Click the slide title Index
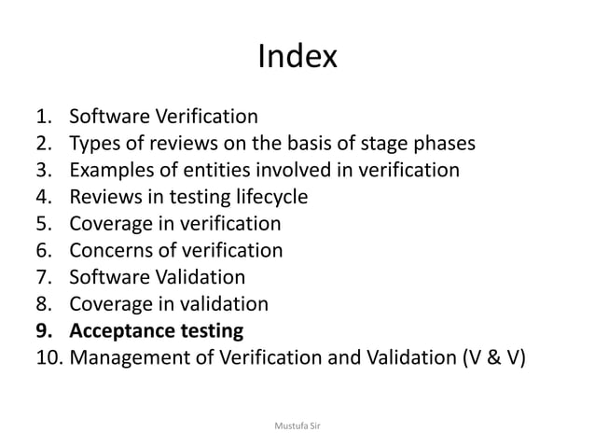click(x=297, y=59)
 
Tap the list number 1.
click(x=40, y=118)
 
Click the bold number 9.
click(x=40, y=330)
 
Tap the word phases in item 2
click(x=441, y=144)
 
